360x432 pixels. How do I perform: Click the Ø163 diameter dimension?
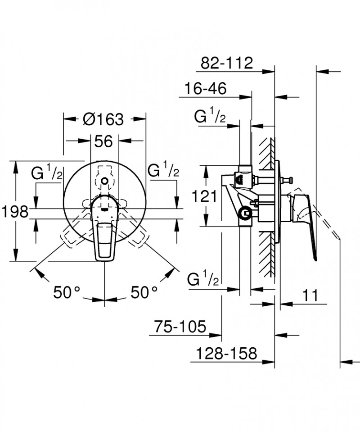tap(103, 119)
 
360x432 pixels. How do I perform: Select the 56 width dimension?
tap(103, 141)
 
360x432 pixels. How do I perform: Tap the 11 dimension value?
tap(310, 296)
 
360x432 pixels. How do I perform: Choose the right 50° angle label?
tap(144, 293)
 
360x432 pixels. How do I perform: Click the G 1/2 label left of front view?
tap(47, 173)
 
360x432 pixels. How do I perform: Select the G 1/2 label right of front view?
tap(164, 172)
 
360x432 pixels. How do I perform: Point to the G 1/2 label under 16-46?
tap(210, 118)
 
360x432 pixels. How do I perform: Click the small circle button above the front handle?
tap(105, 182)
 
